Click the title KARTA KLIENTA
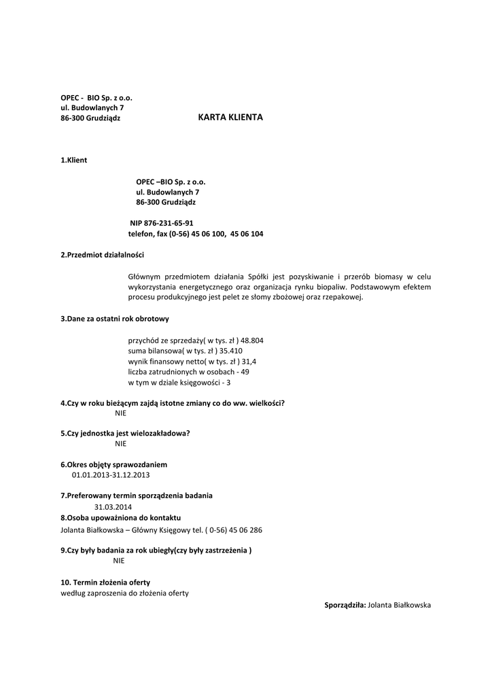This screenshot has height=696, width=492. point(230,118)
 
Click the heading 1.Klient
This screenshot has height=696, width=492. point(74,160)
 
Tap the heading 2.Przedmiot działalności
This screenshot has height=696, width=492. point(103,255)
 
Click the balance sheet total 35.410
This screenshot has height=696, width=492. point(230,351)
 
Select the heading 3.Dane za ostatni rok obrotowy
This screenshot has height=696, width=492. point(115,318)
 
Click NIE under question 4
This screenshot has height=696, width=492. point(121,413)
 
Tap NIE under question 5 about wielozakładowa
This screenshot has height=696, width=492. point(121,443)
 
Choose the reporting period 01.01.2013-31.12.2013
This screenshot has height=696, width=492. point(111,474)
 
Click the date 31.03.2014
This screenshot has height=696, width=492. point(113,506)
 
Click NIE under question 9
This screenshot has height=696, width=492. point(119,561)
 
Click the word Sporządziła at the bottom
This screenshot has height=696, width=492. point(345,604)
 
